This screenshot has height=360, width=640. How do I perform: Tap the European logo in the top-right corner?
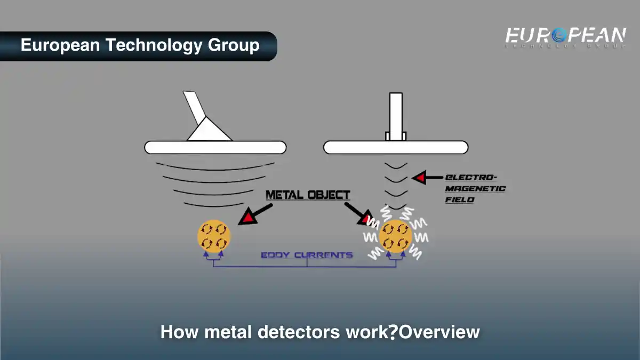tap(565, 37)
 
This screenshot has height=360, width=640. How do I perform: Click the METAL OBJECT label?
tap(308, 195)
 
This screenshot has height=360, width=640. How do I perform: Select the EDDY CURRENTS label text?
tap(307, 255)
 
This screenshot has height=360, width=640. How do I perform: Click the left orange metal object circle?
tap(214, 236)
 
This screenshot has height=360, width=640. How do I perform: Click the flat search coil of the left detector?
tap(215, 147)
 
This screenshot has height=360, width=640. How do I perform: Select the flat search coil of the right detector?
tap(396, 147)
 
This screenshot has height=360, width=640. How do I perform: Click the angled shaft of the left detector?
tap(194, 107)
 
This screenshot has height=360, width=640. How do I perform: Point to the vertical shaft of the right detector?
tap(396, 115)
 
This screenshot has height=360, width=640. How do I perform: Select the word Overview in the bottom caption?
tap(439, 332)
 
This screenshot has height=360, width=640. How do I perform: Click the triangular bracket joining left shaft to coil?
tap(210, 131)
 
